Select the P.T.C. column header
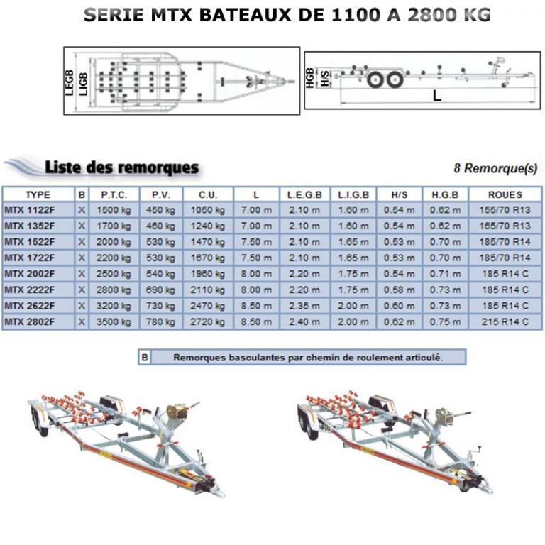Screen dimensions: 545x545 tap(114, 194)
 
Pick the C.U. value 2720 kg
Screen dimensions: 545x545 tap(207, 321)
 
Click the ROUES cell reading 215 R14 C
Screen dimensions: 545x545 tap(505, 321)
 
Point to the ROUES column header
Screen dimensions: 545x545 tap(505, 194)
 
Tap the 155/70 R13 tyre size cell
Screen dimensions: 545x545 tap(505, 209)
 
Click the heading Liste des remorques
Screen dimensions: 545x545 tap(121, 167)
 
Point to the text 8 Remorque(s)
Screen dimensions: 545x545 tap(495, 168)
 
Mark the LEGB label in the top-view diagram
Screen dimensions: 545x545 tap(70, 81)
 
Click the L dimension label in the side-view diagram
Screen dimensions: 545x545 tap(437, 94)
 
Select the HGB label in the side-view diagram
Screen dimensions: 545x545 tap(309, 77)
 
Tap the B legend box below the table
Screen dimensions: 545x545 tap(145, 358)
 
